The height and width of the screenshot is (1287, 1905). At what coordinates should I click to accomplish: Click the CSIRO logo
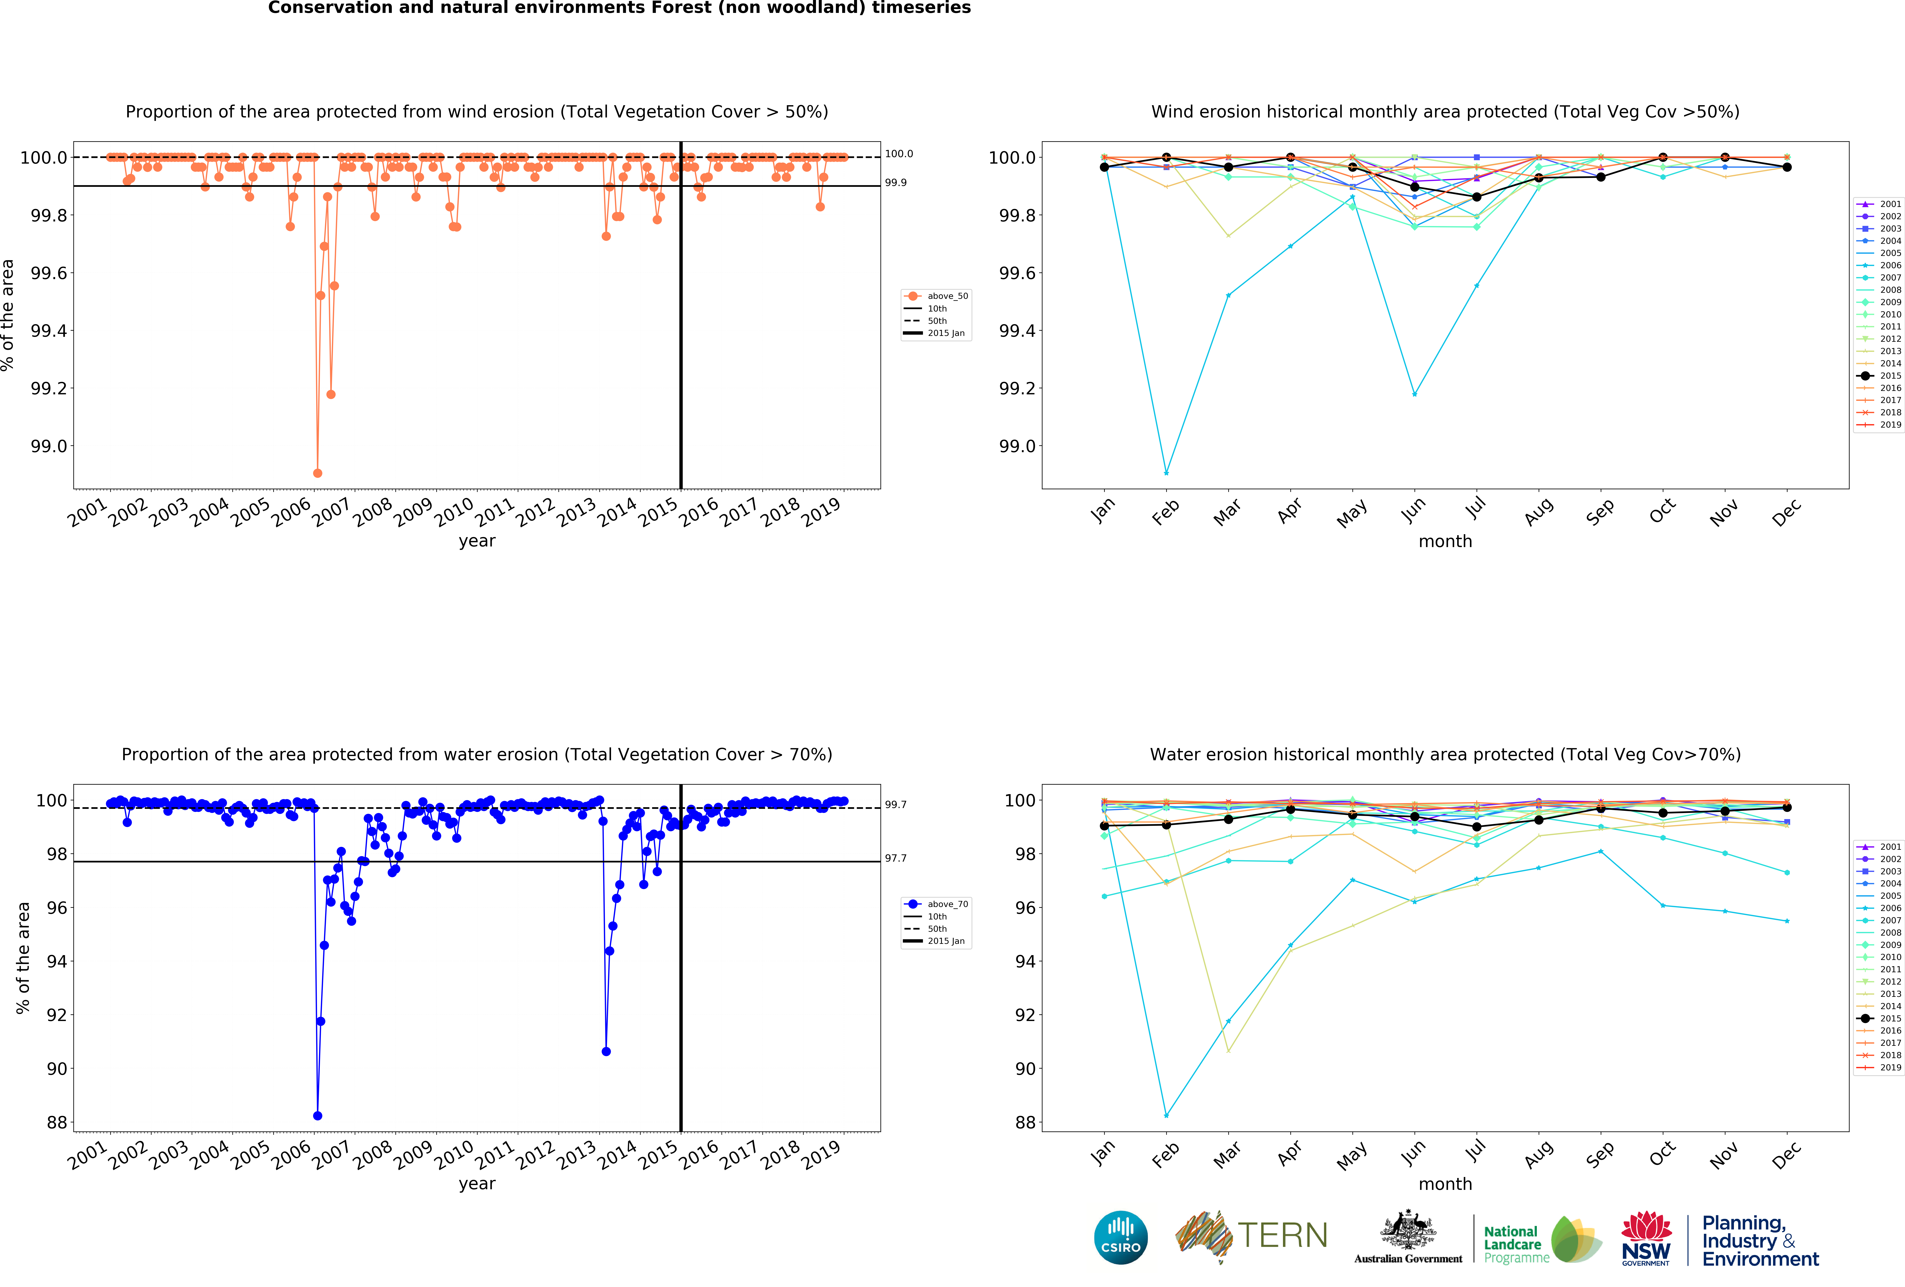[x=1120, y=1238]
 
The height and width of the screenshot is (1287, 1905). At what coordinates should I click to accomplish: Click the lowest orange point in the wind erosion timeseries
[x=317, y=473]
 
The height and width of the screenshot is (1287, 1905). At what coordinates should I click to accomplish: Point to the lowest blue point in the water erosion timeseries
[x=317, y=1116]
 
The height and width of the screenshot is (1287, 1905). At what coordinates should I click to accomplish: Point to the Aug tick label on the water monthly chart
[x=1539, y=1153]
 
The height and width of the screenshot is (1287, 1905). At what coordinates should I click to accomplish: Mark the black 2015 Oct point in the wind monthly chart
[x=1662, y=157]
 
